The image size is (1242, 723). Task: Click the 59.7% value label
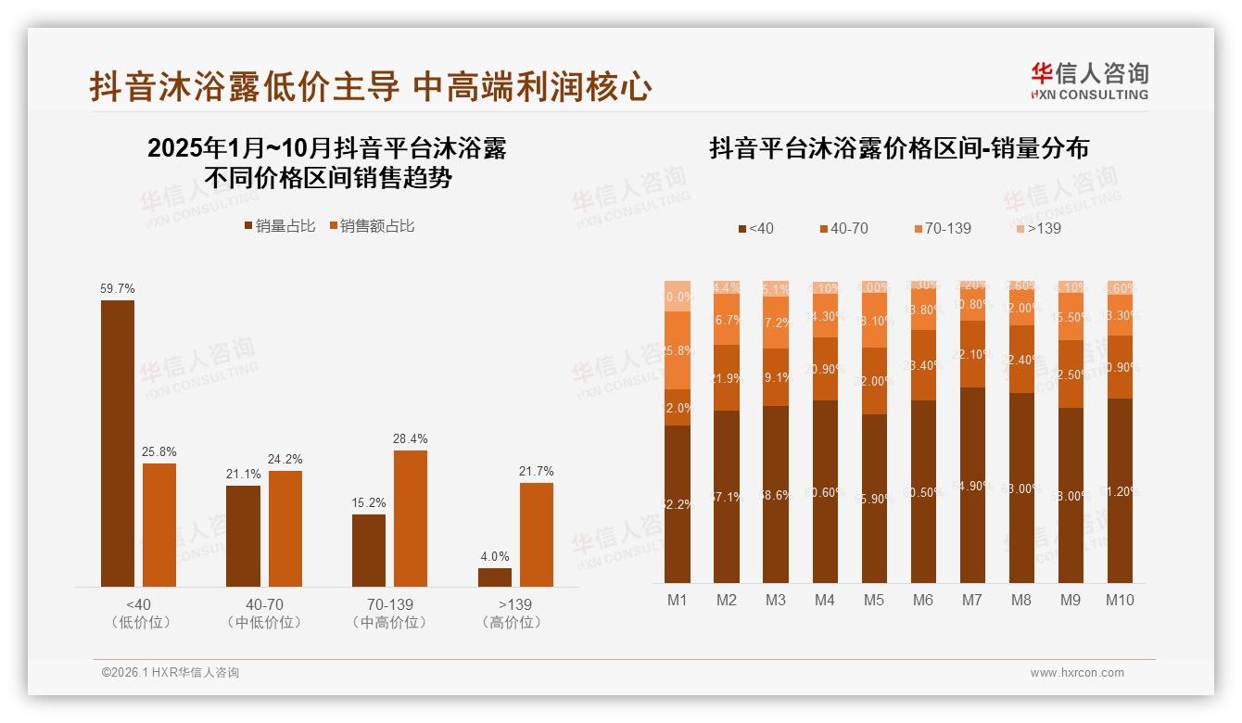coord(117,289)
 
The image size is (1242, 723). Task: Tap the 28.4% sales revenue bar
coord(411,518)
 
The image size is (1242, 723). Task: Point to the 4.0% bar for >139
coord(495,577)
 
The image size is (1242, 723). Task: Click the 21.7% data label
coord(537,472)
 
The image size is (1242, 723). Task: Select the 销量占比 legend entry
coord(279,226)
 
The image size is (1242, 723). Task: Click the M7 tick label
coord(971,601)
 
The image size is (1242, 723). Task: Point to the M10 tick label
coord(1120,601)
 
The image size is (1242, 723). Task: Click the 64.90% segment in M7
coord(972,485)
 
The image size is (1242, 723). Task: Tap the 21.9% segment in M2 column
coord(727,378)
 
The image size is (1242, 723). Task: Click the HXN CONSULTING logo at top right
coord(1089,82)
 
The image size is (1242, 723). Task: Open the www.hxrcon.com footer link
coord(1077,673)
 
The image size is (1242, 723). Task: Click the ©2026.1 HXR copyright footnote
coord(171,673)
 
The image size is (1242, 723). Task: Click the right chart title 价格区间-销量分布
coord(899,148)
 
